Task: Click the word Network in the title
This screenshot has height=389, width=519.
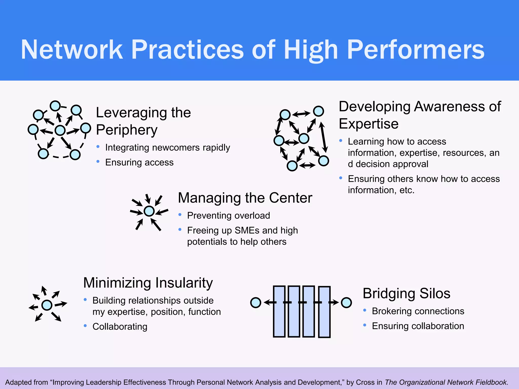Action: click(72, 50)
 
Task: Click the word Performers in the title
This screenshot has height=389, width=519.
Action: click(416, 50)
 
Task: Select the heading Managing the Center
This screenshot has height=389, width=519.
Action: click(245, 198)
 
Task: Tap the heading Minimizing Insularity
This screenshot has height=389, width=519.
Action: click(148, 283)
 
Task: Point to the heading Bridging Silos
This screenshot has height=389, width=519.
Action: click(406, 294)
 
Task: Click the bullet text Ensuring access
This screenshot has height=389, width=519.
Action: click(139, 162)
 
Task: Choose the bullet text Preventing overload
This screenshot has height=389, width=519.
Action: click(228, 216)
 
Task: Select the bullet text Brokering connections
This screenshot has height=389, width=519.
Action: click(418, 311)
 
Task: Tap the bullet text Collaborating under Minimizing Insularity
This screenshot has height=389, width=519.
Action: click(120, 326)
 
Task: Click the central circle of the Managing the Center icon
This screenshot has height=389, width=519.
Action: click(149, 211)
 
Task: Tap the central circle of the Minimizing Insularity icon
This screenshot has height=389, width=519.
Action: click(47, 305)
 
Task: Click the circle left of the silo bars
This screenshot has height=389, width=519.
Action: click(255, 303)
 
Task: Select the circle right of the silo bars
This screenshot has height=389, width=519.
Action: click(346, 303)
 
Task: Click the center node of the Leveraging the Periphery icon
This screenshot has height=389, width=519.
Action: click(60, 130)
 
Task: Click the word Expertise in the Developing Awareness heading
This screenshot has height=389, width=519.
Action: click(369, 124)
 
